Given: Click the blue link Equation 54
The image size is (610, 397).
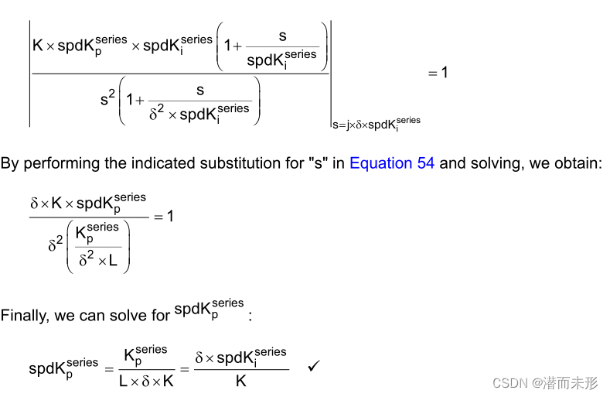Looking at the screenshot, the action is (392, 163).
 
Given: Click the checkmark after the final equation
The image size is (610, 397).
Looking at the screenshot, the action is (314, 364).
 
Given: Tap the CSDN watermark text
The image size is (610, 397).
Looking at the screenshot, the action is (545, 382).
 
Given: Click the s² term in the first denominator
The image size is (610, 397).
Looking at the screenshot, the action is (107, 98).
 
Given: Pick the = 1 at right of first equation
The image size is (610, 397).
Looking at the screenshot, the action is (438, 73).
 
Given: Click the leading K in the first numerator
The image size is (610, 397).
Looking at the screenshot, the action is (38, 46).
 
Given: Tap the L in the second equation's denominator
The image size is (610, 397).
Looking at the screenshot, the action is (113, 261).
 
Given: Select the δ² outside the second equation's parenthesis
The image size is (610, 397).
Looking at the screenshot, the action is (54, 245).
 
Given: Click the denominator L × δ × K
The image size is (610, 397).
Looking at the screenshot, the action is (147, 381).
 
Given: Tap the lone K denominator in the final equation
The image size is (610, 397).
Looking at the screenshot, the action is (241, 381).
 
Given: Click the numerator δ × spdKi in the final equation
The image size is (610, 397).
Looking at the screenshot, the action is (240, 358).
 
